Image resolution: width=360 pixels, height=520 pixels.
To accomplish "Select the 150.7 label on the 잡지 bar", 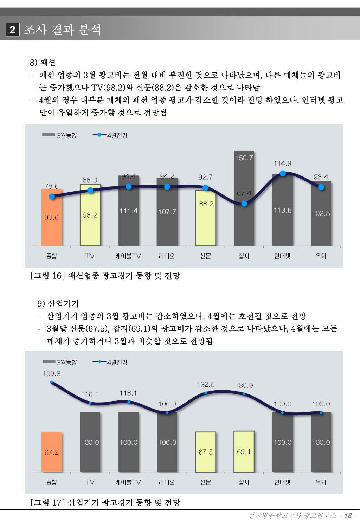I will point(244,158).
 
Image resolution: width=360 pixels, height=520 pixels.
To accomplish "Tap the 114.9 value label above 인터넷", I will point(282,163).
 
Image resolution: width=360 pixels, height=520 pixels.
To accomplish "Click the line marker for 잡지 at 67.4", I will point(244,204).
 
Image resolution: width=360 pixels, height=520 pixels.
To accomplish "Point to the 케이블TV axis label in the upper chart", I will point(128,256).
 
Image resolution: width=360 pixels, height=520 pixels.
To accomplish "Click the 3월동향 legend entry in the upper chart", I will point(60,135).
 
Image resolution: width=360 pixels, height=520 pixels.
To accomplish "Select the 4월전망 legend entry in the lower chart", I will point(110,362).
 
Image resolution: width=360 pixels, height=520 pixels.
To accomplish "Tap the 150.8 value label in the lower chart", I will point(52,374).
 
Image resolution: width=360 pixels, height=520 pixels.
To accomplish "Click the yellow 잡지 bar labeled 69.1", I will point(244,452).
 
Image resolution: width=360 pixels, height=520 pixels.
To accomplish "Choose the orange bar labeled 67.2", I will point(52,452).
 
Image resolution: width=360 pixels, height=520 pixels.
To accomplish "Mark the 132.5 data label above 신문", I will point(206,385).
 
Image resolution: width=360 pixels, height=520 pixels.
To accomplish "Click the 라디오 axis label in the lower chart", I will point(167,482).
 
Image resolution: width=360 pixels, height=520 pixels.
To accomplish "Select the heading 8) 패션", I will point(43,63).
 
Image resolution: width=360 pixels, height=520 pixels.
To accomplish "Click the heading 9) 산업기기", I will point(58,303).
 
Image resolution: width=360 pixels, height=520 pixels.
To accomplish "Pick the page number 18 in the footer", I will point(348,515).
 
